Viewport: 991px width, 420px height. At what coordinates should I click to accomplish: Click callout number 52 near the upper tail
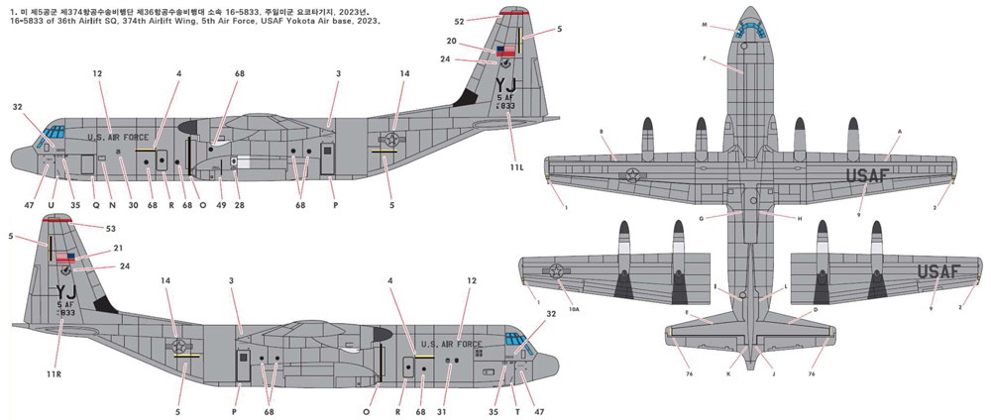click(459, 20)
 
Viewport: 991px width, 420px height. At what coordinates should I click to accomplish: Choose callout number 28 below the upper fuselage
click(237, 206)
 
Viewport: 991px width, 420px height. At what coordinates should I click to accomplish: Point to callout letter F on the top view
click(705, 59)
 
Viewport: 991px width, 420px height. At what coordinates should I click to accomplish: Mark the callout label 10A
click(574, 311)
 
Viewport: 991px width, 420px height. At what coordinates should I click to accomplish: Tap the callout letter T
click(516, 411)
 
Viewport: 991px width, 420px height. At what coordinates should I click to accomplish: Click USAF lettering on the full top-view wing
click(881, 175)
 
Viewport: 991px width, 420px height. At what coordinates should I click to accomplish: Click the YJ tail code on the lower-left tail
click(66, 291)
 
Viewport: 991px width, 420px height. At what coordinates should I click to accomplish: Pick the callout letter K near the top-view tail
click(727, 373)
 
